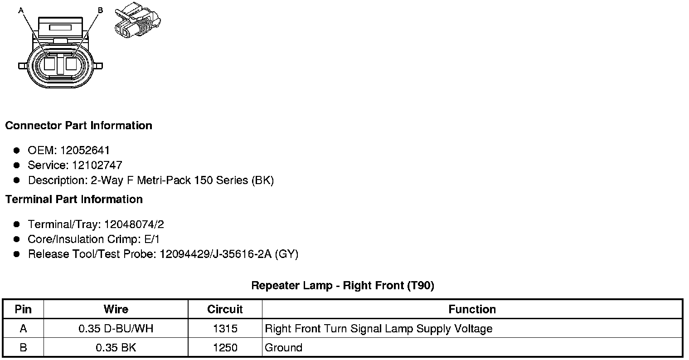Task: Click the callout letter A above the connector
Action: click(x=20, y=10)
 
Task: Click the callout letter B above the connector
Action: click(x=100, y=10)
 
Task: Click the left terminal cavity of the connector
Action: click(x=49, y=63)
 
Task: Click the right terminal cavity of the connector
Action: click(x=72, y=63)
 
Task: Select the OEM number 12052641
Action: click(x=85, y=150)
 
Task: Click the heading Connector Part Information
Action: click(x=78, y=126)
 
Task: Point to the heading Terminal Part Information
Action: click(x=74, y=199)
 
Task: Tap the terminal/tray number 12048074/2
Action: click(x=134, y=224)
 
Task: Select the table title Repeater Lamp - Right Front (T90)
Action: click(x=342, y=286)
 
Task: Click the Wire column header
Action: click(x=116, y=309)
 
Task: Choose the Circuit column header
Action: click(x=225, y=309)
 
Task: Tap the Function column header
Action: click(x=472, y=309)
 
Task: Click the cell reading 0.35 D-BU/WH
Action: click(x=116, y=328)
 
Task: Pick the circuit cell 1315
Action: click(x=225, y=328)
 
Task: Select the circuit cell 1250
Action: click(x=225, y=348)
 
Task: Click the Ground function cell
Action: click(x=283, y=348)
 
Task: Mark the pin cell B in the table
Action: click(x=23, y=348)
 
